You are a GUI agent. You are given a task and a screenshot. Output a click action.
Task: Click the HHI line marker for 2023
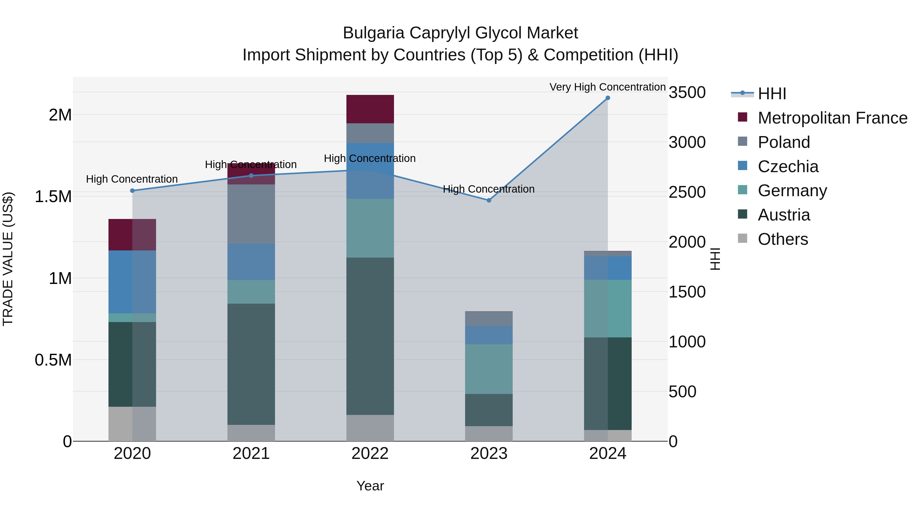489,200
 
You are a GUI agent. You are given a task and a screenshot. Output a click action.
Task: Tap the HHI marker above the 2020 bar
132,191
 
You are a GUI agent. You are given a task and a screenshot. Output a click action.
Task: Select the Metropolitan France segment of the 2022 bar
370,109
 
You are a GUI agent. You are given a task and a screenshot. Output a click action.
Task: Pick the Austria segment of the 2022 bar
370,336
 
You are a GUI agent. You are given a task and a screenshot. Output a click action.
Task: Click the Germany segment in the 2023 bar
489,369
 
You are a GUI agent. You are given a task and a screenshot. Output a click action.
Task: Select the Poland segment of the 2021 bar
251,214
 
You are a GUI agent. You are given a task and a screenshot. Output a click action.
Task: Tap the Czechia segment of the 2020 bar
132,282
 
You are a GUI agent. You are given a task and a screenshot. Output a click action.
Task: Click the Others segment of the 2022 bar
370,428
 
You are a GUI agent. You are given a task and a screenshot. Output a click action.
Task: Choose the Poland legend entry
784,142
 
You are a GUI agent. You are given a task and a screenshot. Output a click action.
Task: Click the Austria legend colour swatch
743,214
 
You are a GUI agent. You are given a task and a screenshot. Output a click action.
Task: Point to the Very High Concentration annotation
607,87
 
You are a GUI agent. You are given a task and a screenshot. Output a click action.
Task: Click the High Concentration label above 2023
488,189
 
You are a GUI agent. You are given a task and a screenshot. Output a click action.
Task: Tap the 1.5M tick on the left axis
53,197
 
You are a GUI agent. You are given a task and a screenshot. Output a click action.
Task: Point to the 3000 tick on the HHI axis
687,142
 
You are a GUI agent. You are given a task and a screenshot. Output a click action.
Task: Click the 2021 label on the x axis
251,454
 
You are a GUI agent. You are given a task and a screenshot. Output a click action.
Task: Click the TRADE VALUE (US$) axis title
8,259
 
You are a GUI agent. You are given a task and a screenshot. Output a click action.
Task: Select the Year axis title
370,486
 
